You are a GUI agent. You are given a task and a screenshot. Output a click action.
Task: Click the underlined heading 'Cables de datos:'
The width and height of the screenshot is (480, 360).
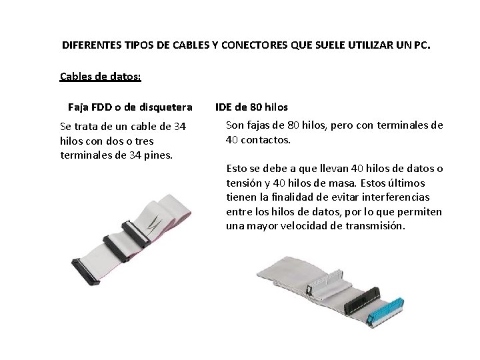[100, 76]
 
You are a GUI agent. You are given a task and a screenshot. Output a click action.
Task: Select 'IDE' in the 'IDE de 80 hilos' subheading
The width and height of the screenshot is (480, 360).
[223, 107]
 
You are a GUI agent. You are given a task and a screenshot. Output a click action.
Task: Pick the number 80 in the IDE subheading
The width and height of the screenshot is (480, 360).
[256, 107]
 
